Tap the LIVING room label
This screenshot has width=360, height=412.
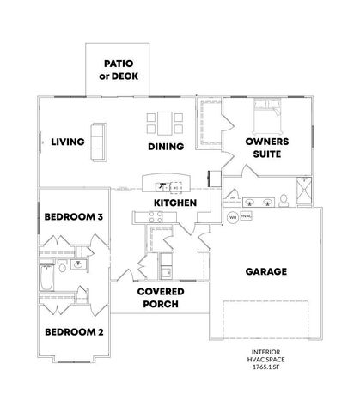point(67,142)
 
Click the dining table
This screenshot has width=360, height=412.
point(163,123)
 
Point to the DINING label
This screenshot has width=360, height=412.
point(166,147)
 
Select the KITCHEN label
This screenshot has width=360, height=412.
point(175,203)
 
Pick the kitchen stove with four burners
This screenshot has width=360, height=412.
point(156,218)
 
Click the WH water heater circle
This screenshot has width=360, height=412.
point(232,218)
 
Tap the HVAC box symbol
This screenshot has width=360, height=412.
point(246,218)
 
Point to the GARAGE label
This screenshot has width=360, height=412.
point(265,271)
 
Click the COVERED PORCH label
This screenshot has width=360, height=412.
point(158,296)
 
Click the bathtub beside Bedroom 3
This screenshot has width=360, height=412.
point(46,279)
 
